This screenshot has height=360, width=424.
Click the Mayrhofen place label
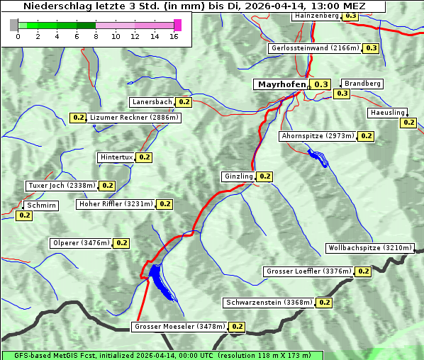pos(281,84)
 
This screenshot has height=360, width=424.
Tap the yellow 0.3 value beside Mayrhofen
pos(321,84)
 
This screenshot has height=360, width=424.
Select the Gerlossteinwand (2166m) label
pos(315,48)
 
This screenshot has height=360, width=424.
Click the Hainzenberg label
pos(316,15)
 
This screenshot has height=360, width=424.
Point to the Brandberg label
pos(362,84)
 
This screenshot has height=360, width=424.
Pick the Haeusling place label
pos(387,113)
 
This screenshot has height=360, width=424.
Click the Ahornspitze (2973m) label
pos(317,136)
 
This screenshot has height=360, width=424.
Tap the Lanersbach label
pos(152,102)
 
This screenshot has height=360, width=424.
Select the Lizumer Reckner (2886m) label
pos(134,118)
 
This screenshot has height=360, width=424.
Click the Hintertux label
pos(116,157)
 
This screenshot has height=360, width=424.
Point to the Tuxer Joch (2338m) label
pos(61,186)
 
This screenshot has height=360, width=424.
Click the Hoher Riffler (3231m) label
pos(116,204)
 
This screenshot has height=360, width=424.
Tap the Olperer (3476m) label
pos(82,243)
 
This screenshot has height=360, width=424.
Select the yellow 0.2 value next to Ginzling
pos(264,176)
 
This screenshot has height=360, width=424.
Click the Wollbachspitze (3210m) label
pos(369,248)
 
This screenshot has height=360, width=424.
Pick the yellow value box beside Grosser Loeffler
pos(363,271)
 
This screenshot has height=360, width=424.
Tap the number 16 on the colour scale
pos(174,36)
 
